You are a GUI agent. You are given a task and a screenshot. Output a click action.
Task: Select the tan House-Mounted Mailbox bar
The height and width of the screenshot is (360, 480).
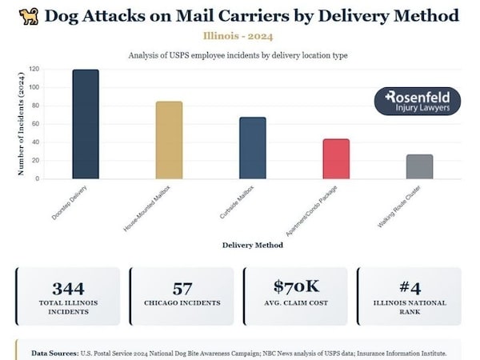coord(169,140)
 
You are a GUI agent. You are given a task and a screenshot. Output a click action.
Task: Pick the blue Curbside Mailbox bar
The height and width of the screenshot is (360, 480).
coord(252,148)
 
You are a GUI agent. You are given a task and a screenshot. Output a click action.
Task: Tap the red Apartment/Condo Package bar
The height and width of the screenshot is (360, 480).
coord(336,158)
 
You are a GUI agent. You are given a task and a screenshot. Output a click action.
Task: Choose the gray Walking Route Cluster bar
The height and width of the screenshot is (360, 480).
coord(419,166)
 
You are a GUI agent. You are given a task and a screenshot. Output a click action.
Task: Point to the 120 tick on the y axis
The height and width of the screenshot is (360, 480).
coord(34,70)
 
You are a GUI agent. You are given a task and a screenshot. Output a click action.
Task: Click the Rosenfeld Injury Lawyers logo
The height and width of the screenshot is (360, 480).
coord(417,101)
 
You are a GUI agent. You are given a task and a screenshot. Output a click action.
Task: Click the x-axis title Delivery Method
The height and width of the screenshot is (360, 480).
coord(253,245)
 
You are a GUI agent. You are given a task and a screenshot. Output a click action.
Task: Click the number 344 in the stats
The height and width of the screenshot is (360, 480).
coord(68,288)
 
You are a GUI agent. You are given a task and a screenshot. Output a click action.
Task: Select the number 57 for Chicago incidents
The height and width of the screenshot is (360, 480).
coord(182,288)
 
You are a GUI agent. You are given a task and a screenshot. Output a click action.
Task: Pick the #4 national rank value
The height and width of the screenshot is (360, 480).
coord(410,288)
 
